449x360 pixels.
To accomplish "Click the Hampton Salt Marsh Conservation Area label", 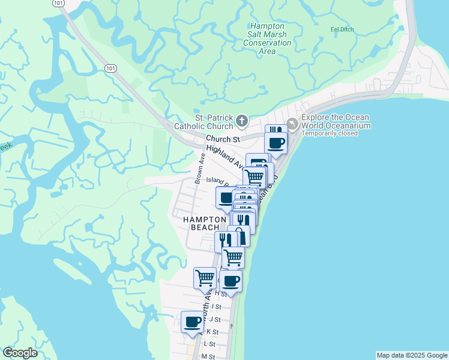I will pyautogui.click(x=270, y=39).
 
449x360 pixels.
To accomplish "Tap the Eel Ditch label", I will pyautogui.click(x=343, y=29).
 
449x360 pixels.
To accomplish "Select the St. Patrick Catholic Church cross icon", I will pyautogui.click(x=241, y=122).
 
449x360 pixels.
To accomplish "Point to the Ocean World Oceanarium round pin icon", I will pyautogui.click(x=292, y=123).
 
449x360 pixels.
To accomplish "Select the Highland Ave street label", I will pyautogui.click(x=224, y=157).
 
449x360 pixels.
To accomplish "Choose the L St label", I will pyautogui.click(x=209, y=344).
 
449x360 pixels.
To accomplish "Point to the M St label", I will pyautogui.click(x=208, y=356).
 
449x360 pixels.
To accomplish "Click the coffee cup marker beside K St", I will pyautogui.click(x=193, y=322).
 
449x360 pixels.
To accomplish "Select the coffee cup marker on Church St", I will pyautogui.click(x=276, y=143).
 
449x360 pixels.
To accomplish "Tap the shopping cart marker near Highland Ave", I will pyautogui.click(x=255, y=177).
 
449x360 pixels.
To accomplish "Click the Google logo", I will pyautogui.click(x=20, y=353).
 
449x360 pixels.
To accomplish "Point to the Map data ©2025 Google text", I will pyautogui.click(x=411, y=355).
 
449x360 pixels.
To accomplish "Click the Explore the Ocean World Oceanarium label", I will pyautogui.click(x=336, y=122).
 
